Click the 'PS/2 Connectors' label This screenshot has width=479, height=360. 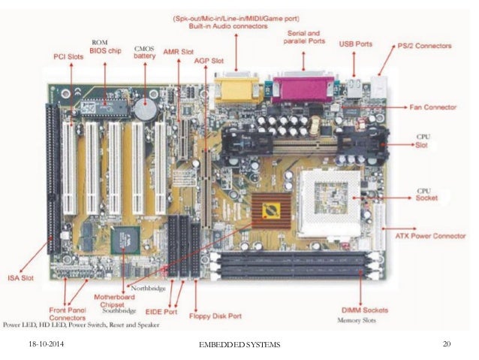pos(425,46)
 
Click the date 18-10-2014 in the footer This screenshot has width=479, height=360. pos(37,343)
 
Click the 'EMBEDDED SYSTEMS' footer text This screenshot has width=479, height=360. pos(239,344)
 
